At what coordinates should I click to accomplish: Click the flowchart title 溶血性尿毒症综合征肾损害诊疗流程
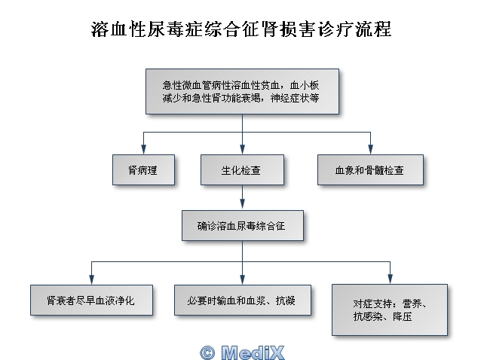241,29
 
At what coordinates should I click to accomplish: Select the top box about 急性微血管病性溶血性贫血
242,92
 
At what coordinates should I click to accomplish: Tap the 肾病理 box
143,170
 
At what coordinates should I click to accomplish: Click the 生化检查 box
242,170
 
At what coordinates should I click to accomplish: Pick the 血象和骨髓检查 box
370,170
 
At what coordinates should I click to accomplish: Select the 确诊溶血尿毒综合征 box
243,226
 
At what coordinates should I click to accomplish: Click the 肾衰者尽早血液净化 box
91,301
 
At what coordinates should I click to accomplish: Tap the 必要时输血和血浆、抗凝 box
243,301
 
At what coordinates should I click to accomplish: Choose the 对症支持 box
390,310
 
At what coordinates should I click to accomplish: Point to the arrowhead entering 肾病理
143,149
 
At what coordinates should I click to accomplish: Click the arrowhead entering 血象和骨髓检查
370,149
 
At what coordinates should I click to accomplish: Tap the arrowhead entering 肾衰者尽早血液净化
91,279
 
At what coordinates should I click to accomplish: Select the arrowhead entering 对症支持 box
391,279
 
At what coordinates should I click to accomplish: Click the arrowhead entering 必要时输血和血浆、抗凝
242,279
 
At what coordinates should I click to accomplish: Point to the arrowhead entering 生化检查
242,149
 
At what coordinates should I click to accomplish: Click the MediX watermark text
253,352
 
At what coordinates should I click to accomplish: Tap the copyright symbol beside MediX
207,353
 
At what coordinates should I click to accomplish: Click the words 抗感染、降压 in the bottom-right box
382,316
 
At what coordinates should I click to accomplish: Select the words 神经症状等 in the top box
295,98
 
